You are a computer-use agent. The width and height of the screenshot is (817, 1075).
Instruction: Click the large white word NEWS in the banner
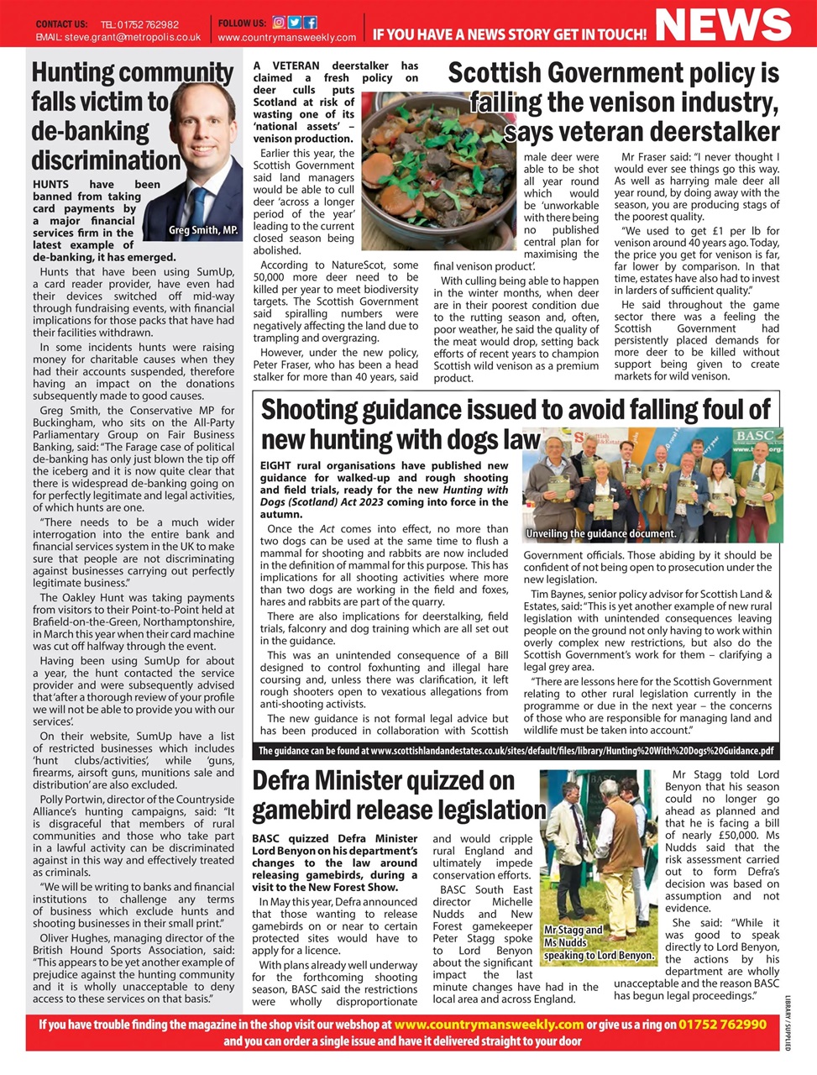click(723, 24)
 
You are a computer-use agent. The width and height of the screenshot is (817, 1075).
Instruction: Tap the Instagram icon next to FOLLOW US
click(279, 23)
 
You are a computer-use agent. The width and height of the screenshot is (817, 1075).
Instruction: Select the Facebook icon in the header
click(311, 23)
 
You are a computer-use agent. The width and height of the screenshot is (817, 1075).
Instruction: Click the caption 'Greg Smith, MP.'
click(203, 230)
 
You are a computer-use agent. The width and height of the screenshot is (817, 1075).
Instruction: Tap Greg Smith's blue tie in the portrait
click(200, 206)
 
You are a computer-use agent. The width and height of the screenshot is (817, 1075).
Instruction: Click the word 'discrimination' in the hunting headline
click(106, 160)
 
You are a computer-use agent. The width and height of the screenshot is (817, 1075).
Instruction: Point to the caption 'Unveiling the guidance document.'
click(600, 533)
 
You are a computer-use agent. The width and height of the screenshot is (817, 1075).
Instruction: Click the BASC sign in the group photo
click(754, 437)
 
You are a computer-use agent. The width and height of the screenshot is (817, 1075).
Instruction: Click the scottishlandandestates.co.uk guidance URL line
click(516, 751)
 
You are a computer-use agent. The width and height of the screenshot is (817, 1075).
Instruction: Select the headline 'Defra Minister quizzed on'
click(383, 780)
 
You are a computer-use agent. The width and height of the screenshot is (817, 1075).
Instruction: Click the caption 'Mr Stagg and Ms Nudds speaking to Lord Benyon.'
click(598, 942)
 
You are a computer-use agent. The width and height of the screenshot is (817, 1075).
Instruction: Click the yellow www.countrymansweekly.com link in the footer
click(488, 1025)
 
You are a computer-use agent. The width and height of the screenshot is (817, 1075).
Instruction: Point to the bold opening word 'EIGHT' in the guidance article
click(276, 465)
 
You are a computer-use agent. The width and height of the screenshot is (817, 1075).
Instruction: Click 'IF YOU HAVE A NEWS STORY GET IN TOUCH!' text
click(509, 34)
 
